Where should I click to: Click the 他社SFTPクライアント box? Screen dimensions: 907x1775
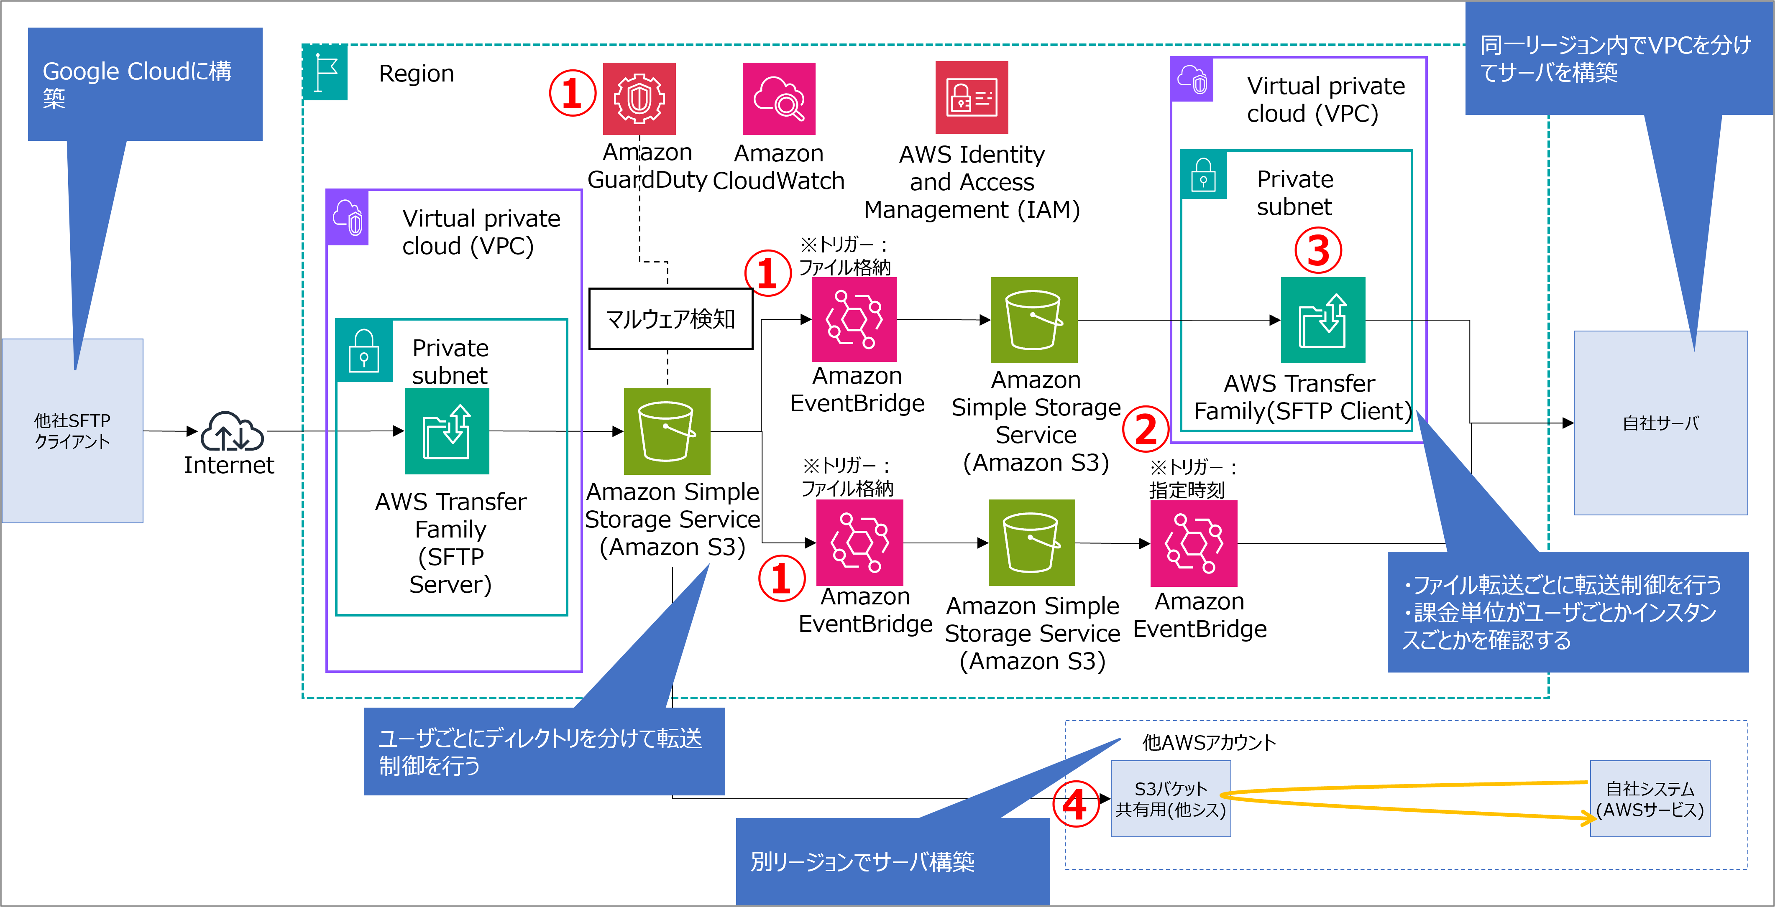click(x=72, y=431)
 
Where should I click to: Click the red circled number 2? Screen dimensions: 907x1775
click(x=1145, y=429)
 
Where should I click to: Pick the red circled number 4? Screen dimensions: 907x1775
click(x=1075, y=804)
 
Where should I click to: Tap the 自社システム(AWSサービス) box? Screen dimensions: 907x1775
click(x=1650, y=799)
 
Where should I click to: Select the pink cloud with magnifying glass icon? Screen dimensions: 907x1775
click(x=779, y=99)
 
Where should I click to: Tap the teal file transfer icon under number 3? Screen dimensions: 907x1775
click(x=1322, y=320)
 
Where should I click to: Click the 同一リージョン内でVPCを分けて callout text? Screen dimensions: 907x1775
click(x=1615, y=59)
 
